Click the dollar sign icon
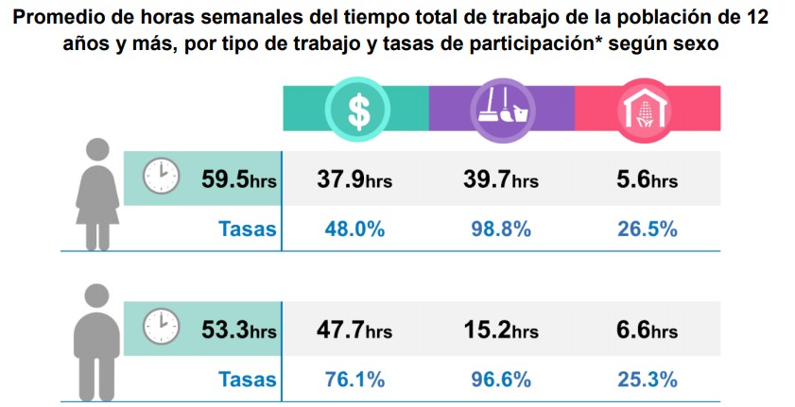pyautogui.click(x=357, y=110)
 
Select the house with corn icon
pyautogui.click(x=647, y=110)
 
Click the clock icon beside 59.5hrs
pyautogui.click(x=161, y=177)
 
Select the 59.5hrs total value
pyautogui.click(x=238, y=178)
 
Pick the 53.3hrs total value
pyautogui.click(x=238, y=330)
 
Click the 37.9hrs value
pyautogui.click(x=354, y=178)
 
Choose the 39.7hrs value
pyautogui.click(x=500, y=178)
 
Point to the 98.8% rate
pyautogui.click(x=500, y=229)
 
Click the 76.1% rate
pyautogui.click(x=354, y=380)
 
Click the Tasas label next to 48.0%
pyautogui.click(x=248, y=229)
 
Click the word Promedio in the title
pyautogui.click(x=61, y=19)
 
